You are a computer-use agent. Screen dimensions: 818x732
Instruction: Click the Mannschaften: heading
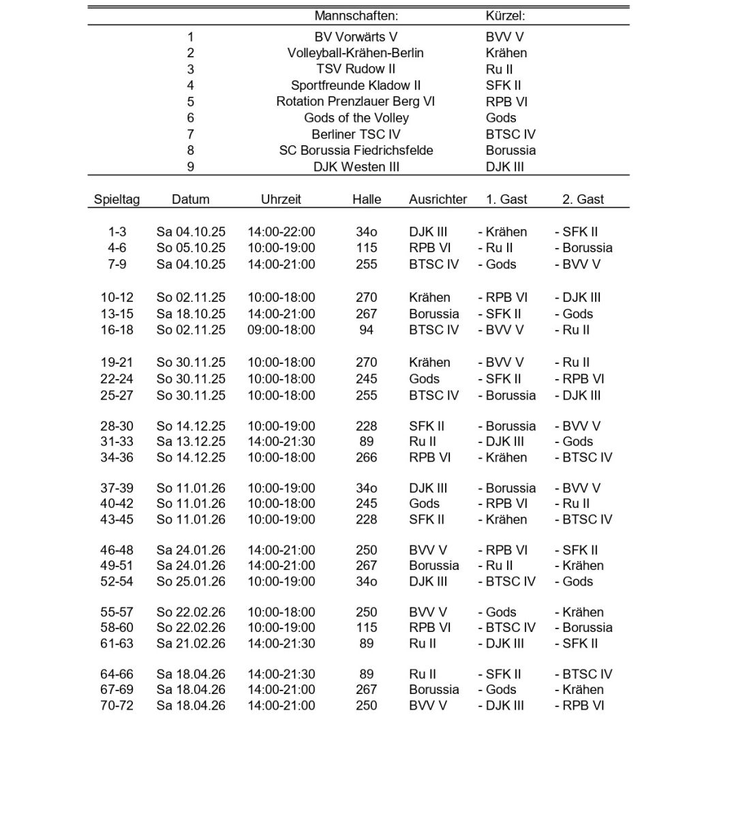coord(356,16)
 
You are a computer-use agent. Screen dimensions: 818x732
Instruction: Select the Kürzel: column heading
coord(505,16)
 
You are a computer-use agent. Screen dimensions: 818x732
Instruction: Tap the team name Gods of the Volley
coord(356,118)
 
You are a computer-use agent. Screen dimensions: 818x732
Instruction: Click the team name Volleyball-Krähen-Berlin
coord(356,53)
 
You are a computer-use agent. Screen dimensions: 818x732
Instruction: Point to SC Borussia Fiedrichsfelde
coord(356,151)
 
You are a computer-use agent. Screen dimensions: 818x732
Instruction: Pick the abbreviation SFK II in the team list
coord(503,86)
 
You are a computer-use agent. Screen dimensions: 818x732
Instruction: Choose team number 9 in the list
coord(190,167)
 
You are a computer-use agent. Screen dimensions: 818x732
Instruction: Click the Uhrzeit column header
coord(281,200)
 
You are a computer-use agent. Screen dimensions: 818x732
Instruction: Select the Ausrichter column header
coord(438,200)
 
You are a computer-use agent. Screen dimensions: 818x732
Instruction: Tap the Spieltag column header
coord(117,200)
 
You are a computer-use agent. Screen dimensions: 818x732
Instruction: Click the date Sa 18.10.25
coord(191,314)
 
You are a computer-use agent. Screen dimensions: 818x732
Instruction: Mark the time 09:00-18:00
coord(281,330)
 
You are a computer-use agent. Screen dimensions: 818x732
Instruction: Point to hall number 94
coord(366,330)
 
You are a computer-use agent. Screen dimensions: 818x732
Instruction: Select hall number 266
coord(366,457)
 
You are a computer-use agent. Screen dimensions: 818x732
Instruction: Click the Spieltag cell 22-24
coord(117,379)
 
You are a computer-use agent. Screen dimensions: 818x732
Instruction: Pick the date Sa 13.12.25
coord(191,442)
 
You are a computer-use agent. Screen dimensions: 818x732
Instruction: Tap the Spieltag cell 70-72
coord(117,706)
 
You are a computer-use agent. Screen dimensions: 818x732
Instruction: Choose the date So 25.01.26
coord(191,581)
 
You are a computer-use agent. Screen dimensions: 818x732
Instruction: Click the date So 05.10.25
coord(191,248)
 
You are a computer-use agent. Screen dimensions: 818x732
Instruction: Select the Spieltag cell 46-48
coord(117,550)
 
